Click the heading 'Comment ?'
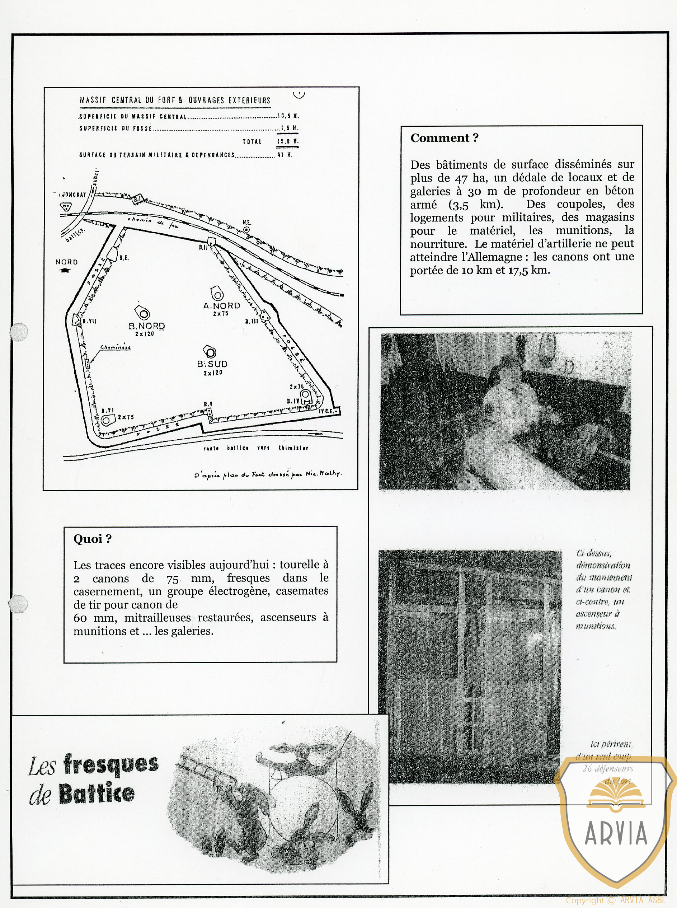(444, 138)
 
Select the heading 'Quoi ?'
(92, 539)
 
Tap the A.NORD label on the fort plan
(221, 306)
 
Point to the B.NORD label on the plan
(147, 326)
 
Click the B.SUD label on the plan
(212, 364)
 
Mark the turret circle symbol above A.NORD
(217, 294)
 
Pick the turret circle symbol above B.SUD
(210, 352)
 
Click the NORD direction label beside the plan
(66, 262)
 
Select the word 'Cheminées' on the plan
(116, 348)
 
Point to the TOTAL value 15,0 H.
(288, 141)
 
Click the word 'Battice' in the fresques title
(97, 794)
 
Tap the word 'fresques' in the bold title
(111, 764)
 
